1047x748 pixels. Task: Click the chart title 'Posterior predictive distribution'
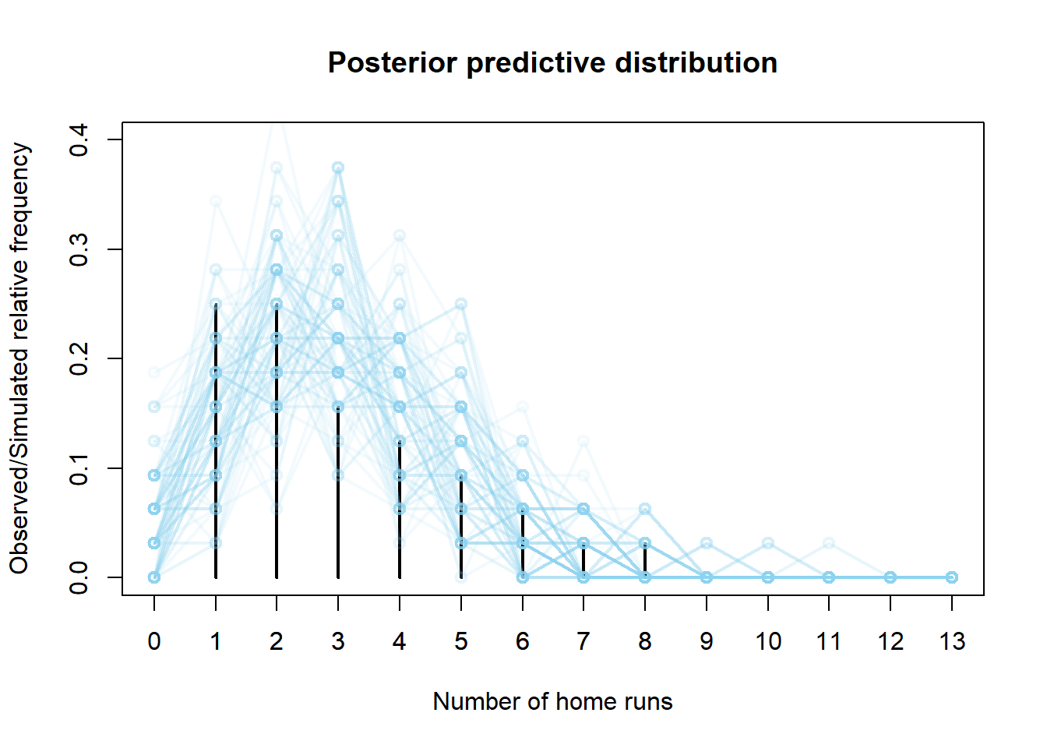pos(552,63)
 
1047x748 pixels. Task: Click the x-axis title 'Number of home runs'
pos(552,701)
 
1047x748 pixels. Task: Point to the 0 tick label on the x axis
pos(154,641)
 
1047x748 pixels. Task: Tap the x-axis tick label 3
pos(338,641)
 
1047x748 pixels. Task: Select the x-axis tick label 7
pos(583,641)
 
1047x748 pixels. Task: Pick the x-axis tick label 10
pos(768,641)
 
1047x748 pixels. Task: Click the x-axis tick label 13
pos(952,641)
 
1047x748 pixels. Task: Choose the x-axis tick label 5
pos(461,641)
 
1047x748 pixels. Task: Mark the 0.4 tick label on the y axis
pos(79,140)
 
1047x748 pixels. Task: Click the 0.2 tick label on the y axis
pos(79,358)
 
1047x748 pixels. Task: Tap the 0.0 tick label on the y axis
pos(79,577)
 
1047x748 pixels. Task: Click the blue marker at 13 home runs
pos(952,577)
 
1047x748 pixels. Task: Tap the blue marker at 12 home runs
pos(890,577)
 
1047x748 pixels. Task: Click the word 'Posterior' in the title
pos(392,63)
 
